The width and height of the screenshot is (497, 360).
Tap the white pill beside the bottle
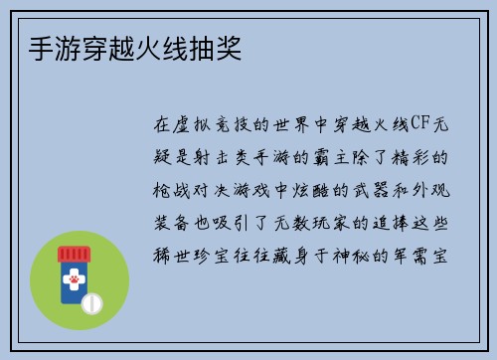[x=91, y=300]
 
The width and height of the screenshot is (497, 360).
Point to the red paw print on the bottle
[x=74, y=281]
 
